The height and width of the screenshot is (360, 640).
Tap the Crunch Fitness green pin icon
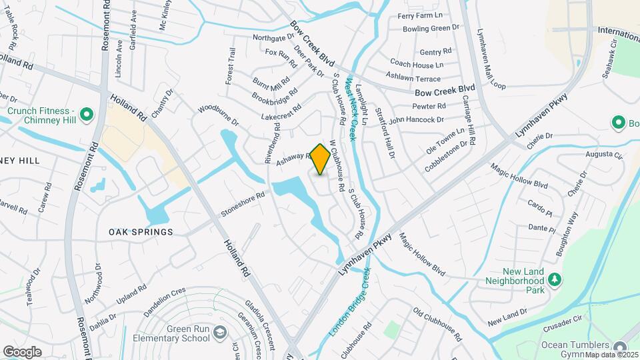point(86,115)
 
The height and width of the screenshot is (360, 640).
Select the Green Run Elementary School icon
point(221,332)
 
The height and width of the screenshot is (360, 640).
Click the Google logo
point(21,351)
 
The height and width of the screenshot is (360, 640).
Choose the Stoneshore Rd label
point(243,205)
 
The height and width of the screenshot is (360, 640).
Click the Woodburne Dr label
point(218,115)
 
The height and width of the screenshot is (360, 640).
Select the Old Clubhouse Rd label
point(437,324)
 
